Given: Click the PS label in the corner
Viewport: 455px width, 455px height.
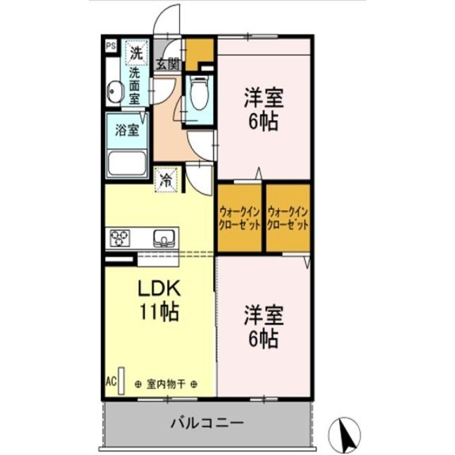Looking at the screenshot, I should [111, 47].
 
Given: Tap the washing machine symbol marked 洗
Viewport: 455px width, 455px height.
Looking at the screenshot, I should [135, 51].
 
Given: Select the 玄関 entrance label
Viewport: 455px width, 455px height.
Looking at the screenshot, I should [168, 63].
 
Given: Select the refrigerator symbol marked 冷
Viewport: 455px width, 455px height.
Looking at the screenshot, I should [165, 180].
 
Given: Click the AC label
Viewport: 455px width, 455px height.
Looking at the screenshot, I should [111, 380].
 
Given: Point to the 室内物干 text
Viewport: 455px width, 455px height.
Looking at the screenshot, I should [166, 385].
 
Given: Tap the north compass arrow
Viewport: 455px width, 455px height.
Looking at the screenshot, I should [348, 431].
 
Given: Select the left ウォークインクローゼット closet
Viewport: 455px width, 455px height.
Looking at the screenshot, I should [240, 217].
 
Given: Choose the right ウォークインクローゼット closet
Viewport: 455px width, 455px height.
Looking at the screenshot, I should [288, 217].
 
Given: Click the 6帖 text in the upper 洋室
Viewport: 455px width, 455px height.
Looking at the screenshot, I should [263, 121].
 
